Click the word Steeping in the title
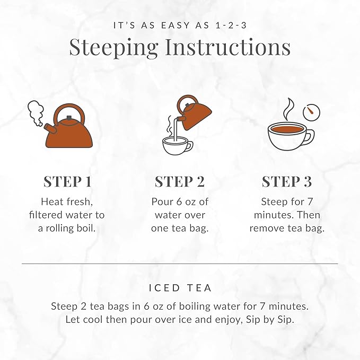click(113, 47)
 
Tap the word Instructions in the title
click(227, 47)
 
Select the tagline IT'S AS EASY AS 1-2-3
click(180, 25)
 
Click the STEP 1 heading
click(67, 181)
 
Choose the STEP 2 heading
click(179, 181)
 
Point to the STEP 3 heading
click(287, 181)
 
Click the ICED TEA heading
click(180, 288)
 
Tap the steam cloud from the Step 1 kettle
click(35, 112)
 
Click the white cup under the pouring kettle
click(178, 145)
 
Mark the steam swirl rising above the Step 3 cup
click(288, 108)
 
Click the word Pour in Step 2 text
click(162, 201)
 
